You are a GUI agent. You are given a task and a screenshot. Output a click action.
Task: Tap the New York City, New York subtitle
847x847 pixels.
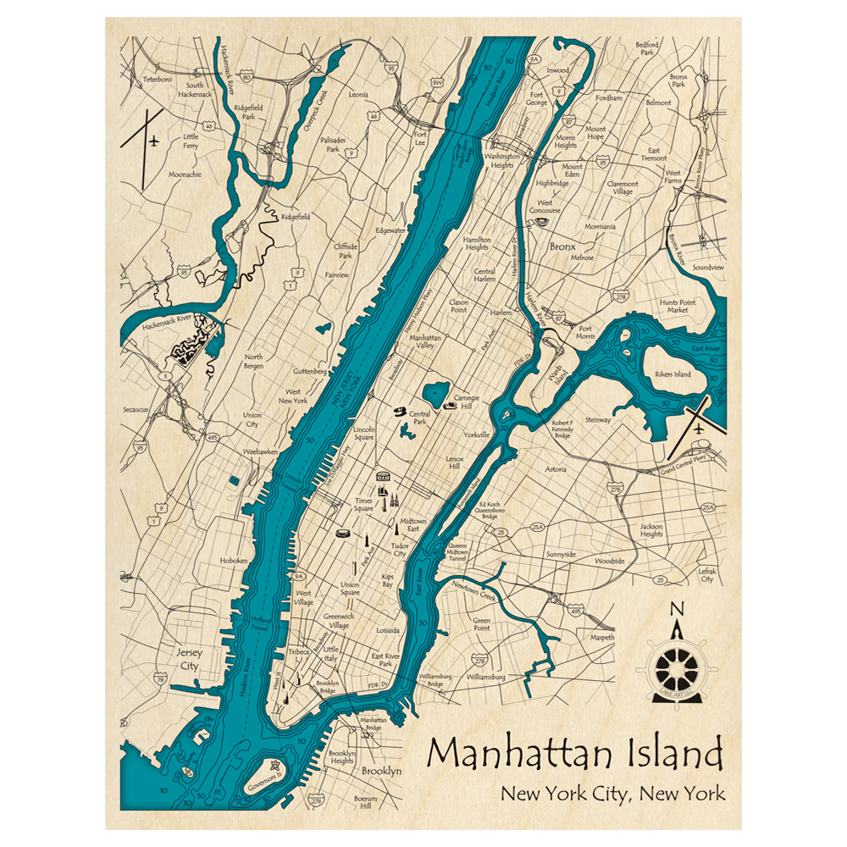(x=612, y=794)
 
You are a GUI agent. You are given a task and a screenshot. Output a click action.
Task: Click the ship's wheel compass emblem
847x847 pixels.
(x=677, y=668)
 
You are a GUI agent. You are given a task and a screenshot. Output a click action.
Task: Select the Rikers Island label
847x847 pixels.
(x=673, y=374)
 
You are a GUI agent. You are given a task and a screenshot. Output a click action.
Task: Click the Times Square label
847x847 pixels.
(x=363, y=506)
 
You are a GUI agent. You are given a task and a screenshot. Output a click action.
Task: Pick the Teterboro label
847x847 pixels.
(x=157, y=79)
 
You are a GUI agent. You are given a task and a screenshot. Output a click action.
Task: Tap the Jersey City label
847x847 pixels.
(x=188, y=660)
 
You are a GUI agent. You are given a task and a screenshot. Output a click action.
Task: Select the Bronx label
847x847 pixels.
(x=562, y=246)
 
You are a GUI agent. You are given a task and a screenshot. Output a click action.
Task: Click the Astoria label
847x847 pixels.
(x=556, y=468)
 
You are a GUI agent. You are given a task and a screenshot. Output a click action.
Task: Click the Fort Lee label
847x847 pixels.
(x=419, y=138)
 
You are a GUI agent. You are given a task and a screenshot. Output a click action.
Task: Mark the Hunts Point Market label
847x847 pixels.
(x=678, y=306)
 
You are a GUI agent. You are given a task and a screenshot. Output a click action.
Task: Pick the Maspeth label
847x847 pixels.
(x=602, y=637)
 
